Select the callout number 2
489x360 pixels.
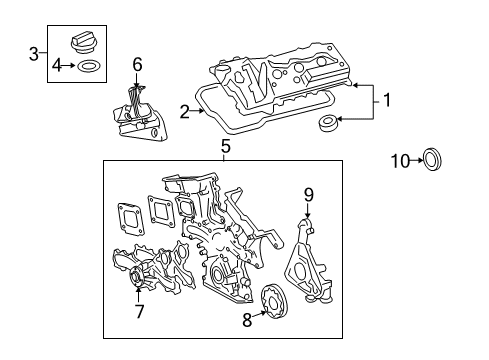[185, 112]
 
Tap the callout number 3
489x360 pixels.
[33, 52]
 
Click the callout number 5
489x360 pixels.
[225, 146]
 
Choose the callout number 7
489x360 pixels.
[139, 312]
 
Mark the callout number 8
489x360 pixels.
[247, 321]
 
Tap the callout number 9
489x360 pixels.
[309, 196]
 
